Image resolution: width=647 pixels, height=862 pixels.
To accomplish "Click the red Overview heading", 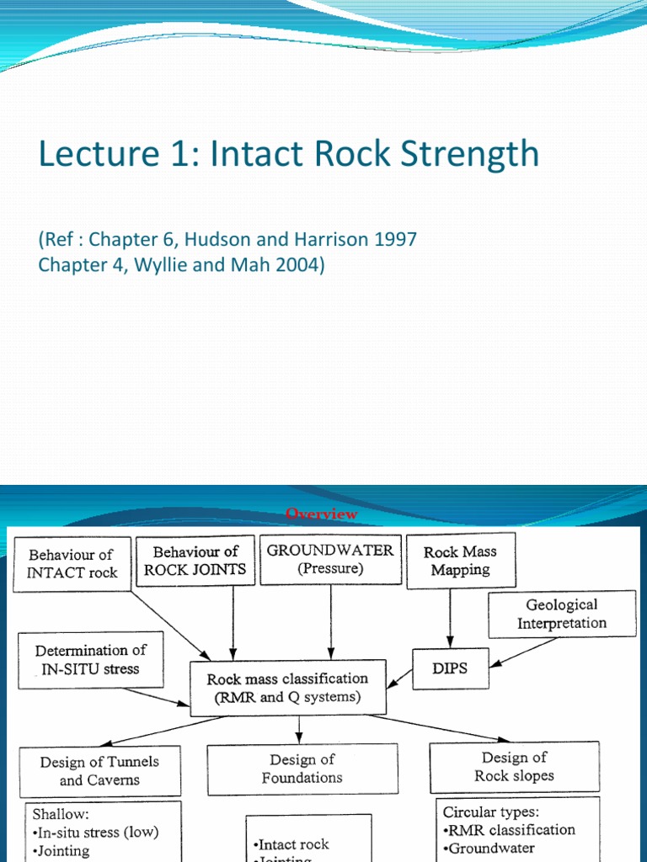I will pyautogui.click(x=322, y=513).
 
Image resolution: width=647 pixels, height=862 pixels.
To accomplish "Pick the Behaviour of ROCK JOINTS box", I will pyautogui.click(x=195, y=561).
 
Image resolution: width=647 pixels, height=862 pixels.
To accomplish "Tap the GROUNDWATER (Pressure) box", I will pyautogui.click(x=329, y=559).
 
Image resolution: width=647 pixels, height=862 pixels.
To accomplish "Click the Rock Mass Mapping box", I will pyautogui.click(x=460, y=561).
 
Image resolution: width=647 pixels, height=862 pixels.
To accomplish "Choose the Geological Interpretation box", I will pyautogui.click(x=561, y=614).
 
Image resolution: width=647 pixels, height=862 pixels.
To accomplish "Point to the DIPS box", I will pyautogui.click(x=450, y=668).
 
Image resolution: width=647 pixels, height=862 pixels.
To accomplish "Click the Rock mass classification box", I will pyautogui.click(x=288, y=687).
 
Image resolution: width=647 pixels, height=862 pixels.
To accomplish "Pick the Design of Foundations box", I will pyautogui.click(x=302, y=769).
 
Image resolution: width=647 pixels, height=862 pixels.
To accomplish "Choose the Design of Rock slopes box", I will pyautogui.click(x=514, y=766).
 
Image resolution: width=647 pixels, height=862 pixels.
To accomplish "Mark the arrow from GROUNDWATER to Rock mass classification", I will pyautogui.click(x=330, y=619).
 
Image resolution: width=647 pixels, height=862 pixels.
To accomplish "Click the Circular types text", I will pyautogui.click(x=492, y=812).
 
